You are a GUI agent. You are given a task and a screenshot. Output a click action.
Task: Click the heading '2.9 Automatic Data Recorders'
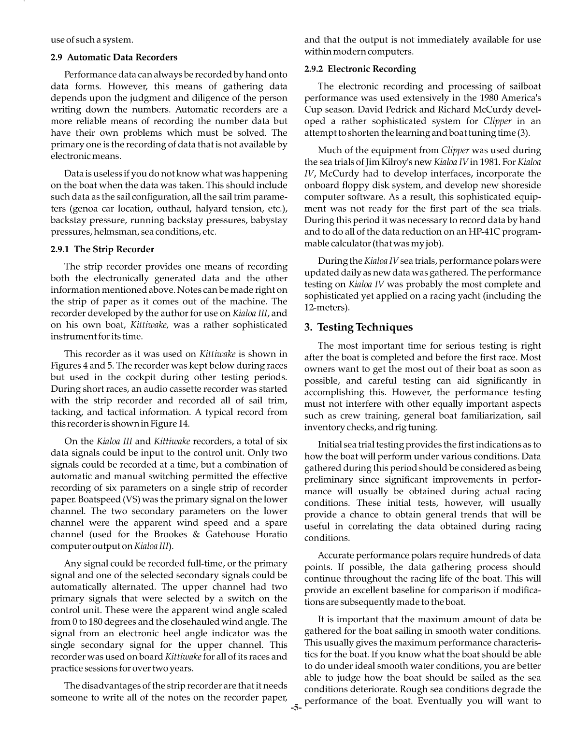(x=114, y=57)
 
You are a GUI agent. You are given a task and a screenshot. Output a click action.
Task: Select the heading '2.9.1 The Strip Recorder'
(x=102, y=249)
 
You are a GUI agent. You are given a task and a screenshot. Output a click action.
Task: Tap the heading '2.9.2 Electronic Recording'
(x=360, y=69)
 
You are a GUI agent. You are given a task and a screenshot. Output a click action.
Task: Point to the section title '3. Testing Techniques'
(x=359, y=328)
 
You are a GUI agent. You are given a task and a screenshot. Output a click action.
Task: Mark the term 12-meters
(x=325, y=307)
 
